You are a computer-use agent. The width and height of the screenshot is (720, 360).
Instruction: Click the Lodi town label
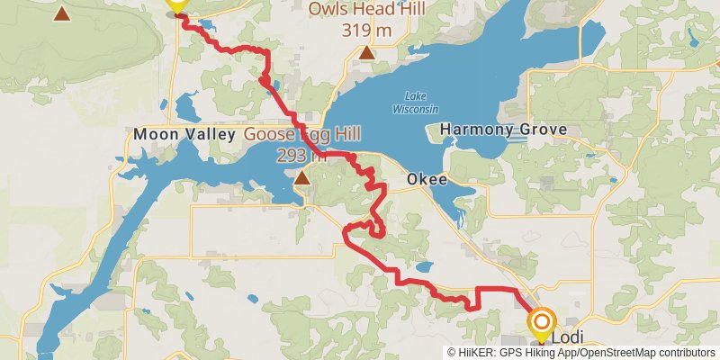[565, 337]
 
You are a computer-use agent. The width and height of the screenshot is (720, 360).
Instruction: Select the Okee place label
[427, 179]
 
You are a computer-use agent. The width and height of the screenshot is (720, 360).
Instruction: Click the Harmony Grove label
[503, 130]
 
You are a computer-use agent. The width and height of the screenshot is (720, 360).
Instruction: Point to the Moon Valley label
[184, 134]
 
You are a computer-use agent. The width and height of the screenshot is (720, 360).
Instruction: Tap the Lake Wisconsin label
[415, 103]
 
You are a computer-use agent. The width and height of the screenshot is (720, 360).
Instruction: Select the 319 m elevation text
[367, 30]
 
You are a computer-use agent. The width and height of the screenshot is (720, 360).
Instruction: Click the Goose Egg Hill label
[303, 134]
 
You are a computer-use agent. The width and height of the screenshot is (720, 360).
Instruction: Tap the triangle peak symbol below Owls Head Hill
[366, 53]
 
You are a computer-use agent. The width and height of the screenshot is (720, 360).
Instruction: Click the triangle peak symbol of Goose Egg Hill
[302, 177]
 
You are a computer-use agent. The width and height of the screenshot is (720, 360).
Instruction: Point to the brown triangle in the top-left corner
[61, 13]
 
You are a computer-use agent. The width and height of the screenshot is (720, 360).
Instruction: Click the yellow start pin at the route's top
[176, 5]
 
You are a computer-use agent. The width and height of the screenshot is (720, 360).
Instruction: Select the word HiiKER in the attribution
[474, 352]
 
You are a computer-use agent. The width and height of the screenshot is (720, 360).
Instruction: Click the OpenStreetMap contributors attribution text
[652, 352]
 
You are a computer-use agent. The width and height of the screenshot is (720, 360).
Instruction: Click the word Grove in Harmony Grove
[543, 130]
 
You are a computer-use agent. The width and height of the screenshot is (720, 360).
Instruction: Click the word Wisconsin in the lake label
[415, 108]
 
